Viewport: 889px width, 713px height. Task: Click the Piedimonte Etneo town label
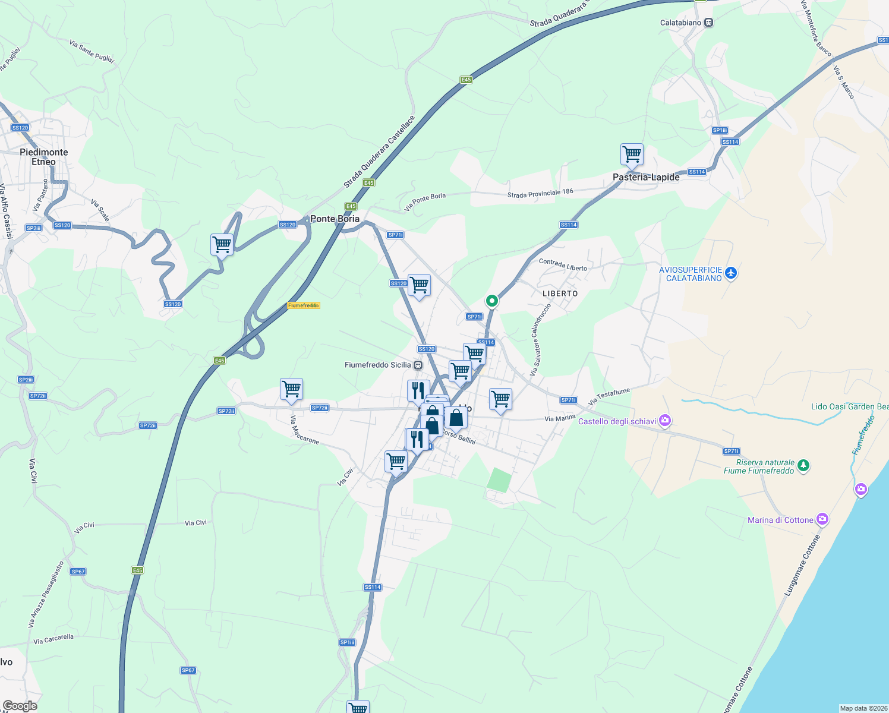point(43,157)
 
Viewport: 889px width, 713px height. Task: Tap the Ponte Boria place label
point(335,219)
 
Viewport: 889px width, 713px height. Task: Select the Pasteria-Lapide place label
point(646,177)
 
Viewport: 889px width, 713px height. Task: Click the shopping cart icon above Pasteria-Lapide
point(632,154)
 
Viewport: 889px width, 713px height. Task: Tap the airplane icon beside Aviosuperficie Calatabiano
point(730,273)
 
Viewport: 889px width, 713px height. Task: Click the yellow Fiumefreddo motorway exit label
point(304,305)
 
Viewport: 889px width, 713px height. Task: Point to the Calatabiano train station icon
point(708,23)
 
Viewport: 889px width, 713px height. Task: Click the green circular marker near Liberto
point(491,301)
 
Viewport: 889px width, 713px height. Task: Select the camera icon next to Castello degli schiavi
point(665,421)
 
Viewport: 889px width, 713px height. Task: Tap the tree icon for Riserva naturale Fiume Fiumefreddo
point(803,465)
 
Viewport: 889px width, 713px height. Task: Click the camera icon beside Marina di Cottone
point(822,519)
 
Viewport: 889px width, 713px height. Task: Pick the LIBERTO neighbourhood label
point(560,294)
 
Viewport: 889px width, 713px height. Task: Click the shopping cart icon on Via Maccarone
point(291,390)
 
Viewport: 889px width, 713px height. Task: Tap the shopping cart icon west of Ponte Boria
point(222,244)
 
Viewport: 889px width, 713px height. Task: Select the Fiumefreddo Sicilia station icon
point(418,365)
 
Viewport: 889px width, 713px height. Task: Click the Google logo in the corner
point(20,706)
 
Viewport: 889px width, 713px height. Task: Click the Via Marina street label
point(560,418)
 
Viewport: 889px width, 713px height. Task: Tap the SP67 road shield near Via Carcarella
point(188,670)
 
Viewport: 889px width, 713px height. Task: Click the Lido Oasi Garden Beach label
point(850,406)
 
